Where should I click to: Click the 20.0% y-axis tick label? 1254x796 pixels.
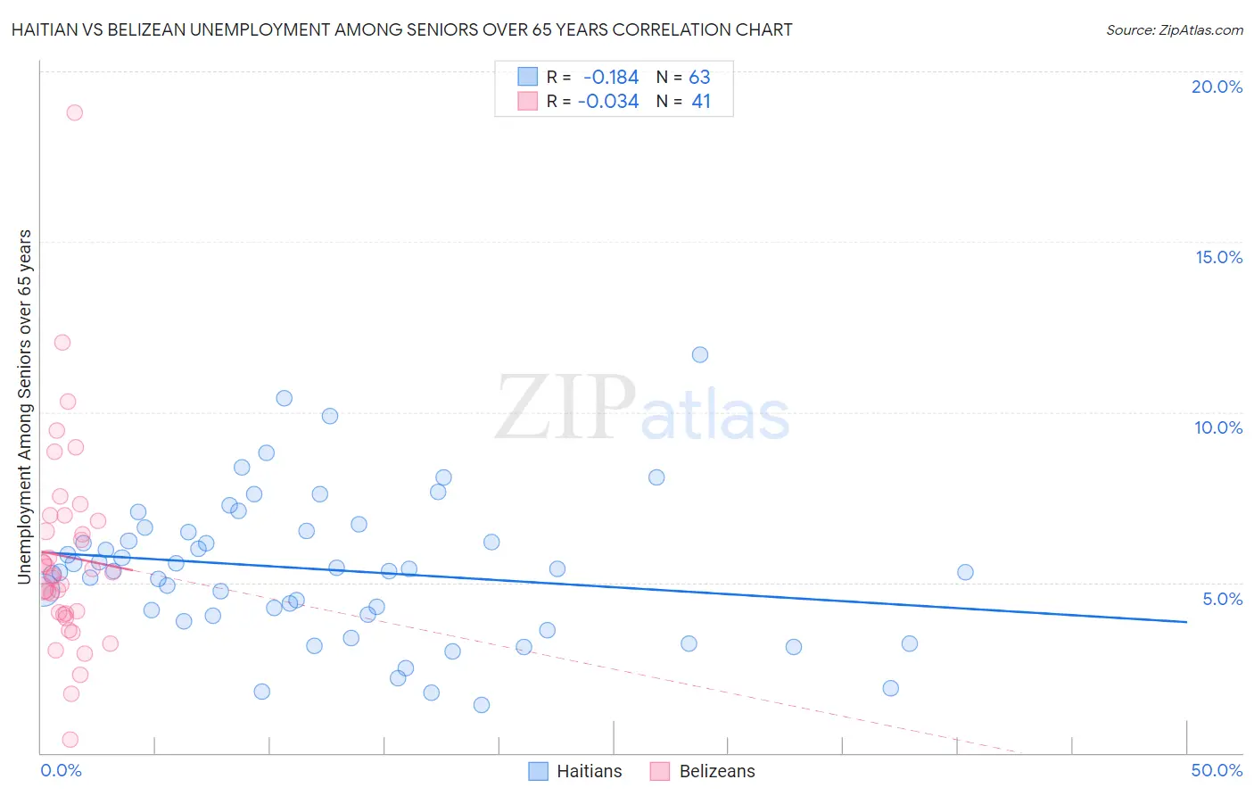[1217, 87]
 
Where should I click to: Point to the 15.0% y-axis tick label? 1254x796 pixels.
[1218, 257]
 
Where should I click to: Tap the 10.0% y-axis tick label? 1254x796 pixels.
[1218, 427]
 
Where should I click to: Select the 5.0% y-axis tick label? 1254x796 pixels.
[1222, 599]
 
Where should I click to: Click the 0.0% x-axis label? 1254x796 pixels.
[61, 770]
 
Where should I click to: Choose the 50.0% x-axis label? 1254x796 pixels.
[1217, 770]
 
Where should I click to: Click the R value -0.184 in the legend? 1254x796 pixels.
[610, 78]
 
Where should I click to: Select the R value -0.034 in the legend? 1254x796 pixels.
[608, 102]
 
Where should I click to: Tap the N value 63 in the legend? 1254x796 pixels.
[699, 78]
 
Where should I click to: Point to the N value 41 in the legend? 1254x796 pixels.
[701, 102]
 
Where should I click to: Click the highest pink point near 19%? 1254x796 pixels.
[75, 112]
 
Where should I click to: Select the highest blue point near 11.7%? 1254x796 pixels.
[700, 354]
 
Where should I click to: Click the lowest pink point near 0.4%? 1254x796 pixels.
[70, 739]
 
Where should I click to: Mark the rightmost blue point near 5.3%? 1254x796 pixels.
[965, 572]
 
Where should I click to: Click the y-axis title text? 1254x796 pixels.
[25, 407]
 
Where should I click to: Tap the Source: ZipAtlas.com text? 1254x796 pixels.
[1174, 30]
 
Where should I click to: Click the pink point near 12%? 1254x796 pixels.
[62, 342]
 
